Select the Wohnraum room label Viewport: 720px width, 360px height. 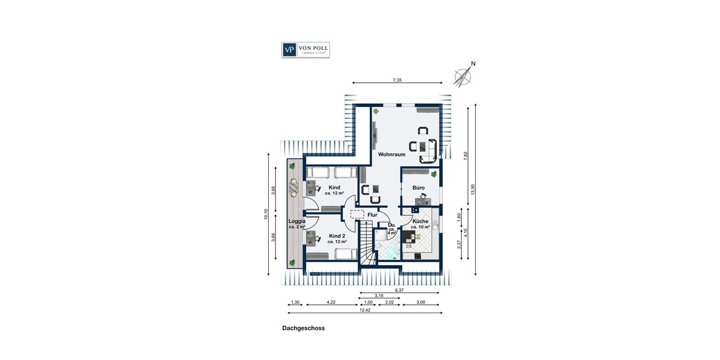pyautogui.click(x=391, y=154)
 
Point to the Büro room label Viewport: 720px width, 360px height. pyautogui.click(x=418, y=188)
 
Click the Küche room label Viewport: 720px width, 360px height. pyautogui.click(x=420, y=221)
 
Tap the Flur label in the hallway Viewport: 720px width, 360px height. pyautogui.click(x=372, y=215)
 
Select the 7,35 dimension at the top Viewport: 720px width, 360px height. pyautogui.click(x=397, y=80)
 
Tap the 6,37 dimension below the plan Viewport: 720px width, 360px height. pyautogui.click(x=398, y=290)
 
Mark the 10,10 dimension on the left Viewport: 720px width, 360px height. pyautogui.click(x=266, y=214)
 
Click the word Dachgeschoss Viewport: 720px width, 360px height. pyautogui.click(x=304, y=328)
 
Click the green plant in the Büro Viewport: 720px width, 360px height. pyautogui.click(x=433, y=175)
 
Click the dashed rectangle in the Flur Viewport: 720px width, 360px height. pyautogui.click(x=358, y=214)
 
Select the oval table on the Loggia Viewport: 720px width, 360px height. pyautogui.click(x=294, y=188)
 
